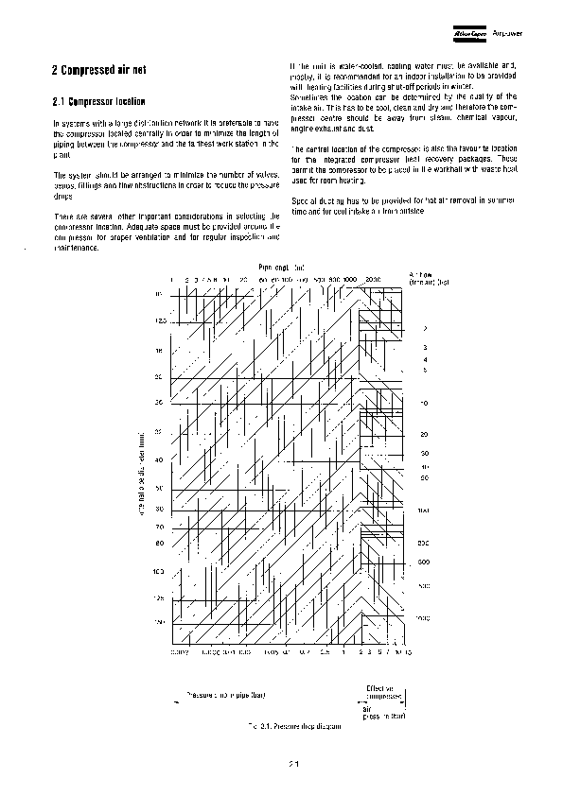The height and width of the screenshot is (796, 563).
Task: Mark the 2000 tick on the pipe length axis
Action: tap(372, 281)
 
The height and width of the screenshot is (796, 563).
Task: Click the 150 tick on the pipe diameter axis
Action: tap(159, 621)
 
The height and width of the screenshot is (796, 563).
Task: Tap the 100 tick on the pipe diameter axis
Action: tap(159, 572)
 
